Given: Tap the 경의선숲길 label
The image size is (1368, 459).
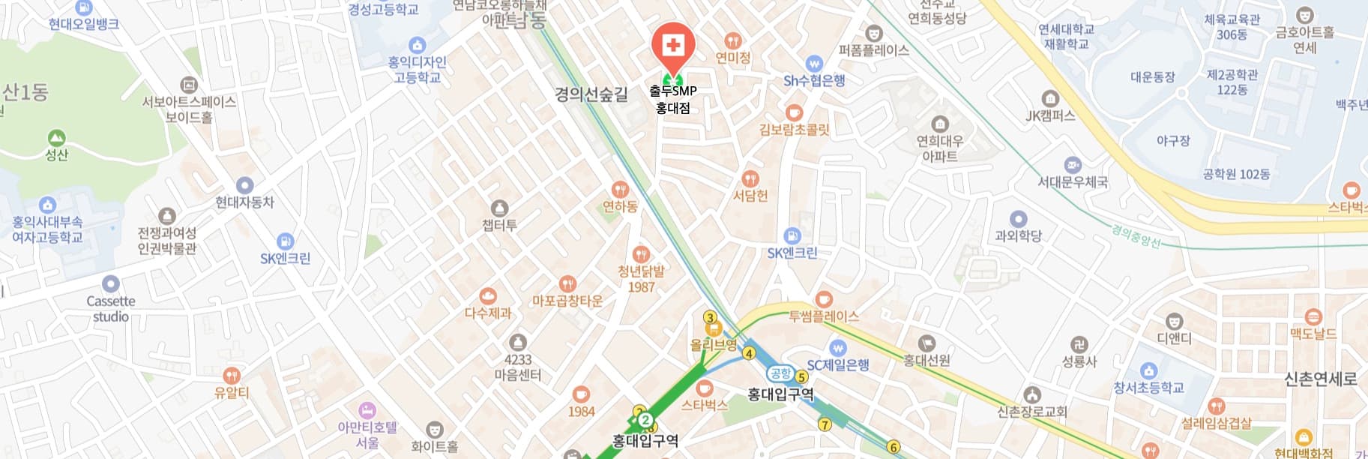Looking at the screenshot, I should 591,94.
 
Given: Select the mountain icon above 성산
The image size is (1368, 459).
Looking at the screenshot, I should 56,139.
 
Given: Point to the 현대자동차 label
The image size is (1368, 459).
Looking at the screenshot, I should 244,202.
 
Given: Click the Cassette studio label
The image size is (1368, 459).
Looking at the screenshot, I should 111,308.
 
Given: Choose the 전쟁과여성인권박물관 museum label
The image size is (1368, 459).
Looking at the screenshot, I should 166,241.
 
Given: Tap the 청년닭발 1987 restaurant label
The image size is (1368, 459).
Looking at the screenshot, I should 641,279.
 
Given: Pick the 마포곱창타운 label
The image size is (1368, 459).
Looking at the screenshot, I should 567,301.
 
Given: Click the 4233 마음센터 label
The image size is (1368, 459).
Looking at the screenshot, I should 517,367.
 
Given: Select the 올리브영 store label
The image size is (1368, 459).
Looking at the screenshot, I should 713,345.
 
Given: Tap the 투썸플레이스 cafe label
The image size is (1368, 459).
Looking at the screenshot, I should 823,316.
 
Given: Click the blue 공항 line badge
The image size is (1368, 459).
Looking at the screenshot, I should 780,373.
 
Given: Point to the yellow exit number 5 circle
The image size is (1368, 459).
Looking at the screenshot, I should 801,376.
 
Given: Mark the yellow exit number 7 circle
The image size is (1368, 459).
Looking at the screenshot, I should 825,424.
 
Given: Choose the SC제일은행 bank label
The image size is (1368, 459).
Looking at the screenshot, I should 837,365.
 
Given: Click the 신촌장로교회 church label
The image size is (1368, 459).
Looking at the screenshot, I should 1032,411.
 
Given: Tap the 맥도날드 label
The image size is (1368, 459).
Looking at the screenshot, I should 1313,334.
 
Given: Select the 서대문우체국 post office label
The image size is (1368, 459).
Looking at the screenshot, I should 1073,181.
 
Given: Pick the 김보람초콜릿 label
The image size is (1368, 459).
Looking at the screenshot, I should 795,129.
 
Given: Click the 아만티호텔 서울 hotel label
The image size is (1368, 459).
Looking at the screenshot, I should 367,435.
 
